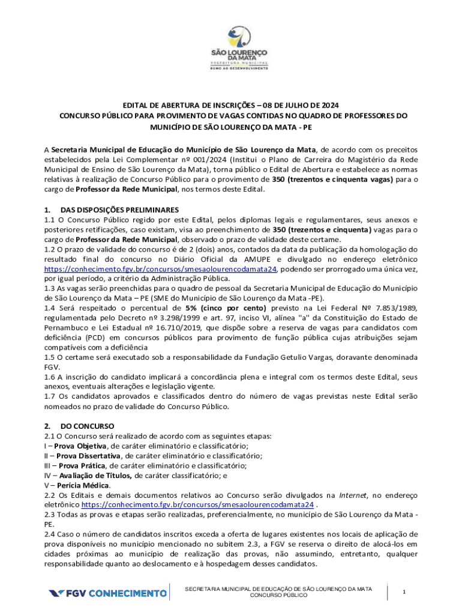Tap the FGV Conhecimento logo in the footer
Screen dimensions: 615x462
tap(108, 593)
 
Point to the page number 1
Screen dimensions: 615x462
tap(404, 593)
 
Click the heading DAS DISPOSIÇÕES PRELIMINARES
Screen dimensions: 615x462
tap(120, 210)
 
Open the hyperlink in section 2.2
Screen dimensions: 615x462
tap(197, 504)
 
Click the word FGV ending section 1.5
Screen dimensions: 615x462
tap(52, 367)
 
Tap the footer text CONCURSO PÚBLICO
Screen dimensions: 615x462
tap(278, 595)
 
